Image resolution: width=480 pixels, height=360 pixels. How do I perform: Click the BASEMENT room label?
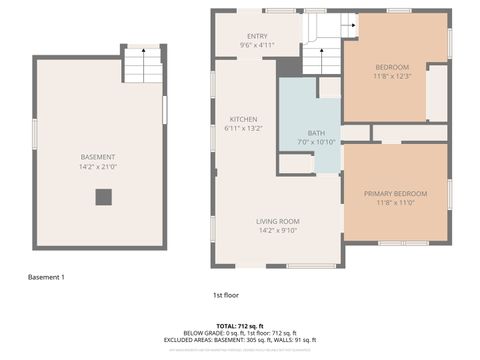[x=98, y=157]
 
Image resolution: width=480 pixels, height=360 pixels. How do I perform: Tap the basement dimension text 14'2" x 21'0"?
[x=98, y=167]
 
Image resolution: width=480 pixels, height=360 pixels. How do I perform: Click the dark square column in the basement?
[x=104, y=197]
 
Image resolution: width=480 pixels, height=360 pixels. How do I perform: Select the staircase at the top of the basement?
[x=142, y=66]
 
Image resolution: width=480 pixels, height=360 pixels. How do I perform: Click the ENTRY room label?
[x=257, y=35]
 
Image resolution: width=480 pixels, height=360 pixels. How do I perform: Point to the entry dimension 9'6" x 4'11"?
[x=257, y=45]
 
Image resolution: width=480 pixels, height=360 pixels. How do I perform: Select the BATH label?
[x=316, y=132]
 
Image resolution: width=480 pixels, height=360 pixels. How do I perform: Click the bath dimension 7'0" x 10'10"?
[x=316, y=142]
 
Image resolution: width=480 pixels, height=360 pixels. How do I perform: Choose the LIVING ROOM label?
[x=278, y=221]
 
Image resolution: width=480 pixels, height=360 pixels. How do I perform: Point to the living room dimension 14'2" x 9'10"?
[x=278, y=231]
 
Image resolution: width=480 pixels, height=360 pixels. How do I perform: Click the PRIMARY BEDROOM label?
[x=395, y=193]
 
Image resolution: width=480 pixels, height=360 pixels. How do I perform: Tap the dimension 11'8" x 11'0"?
[x=395, y=203]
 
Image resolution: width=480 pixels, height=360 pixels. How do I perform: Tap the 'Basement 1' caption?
[x=46, y=277]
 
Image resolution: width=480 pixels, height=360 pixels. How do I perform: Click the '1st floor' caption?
[x=226, y=295]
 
